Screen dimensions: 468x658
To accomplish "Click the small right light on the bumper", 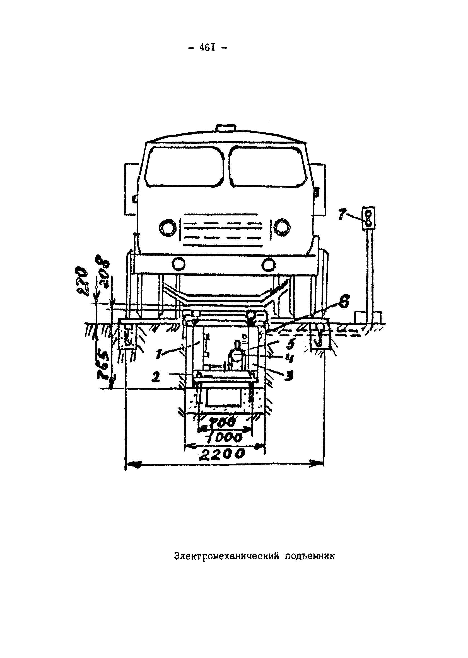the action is (269, 264).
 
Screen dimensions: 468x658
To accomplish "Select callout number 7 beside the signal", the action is (342, 215).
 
